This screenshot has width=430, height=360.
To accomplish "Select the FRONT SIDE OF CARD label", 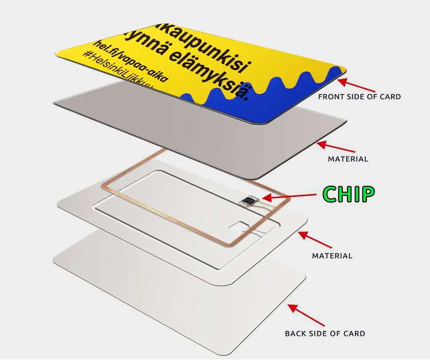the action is [x=359, y=97].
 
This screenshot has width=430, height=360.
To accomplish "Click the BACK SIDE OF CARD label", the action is [x=325, y=333].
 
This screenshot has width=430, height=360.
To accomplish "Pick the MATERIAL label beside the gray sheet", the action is [x=347, y=159].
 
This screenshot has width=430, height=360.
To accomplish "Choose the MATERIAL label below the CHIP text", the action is [x=332, y=256].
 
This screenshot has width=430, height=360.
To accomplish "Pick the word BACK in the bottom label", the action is [x=296, y=333].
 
